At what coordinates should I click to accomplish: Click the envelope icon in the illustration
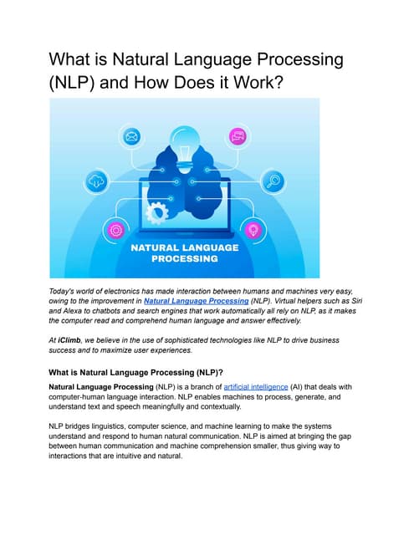(131, 135)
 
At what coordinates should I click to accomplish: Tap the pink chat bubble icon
(238, 135)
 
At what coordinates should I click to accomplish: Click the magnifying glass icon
(273, 181)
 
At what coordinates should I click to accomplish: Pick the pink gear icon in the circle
(115, 229)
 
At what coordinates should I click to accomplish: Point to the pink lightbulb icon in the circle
(253, 229)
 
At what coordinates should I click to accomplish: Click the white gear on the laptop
(156, 212)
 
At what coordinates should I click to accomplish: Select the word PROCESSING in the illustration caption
(184, 259)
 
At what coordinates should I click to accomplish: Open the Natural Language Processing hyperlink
(196, 299)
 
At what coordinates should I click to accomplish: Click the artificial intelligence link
(255, 387)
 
